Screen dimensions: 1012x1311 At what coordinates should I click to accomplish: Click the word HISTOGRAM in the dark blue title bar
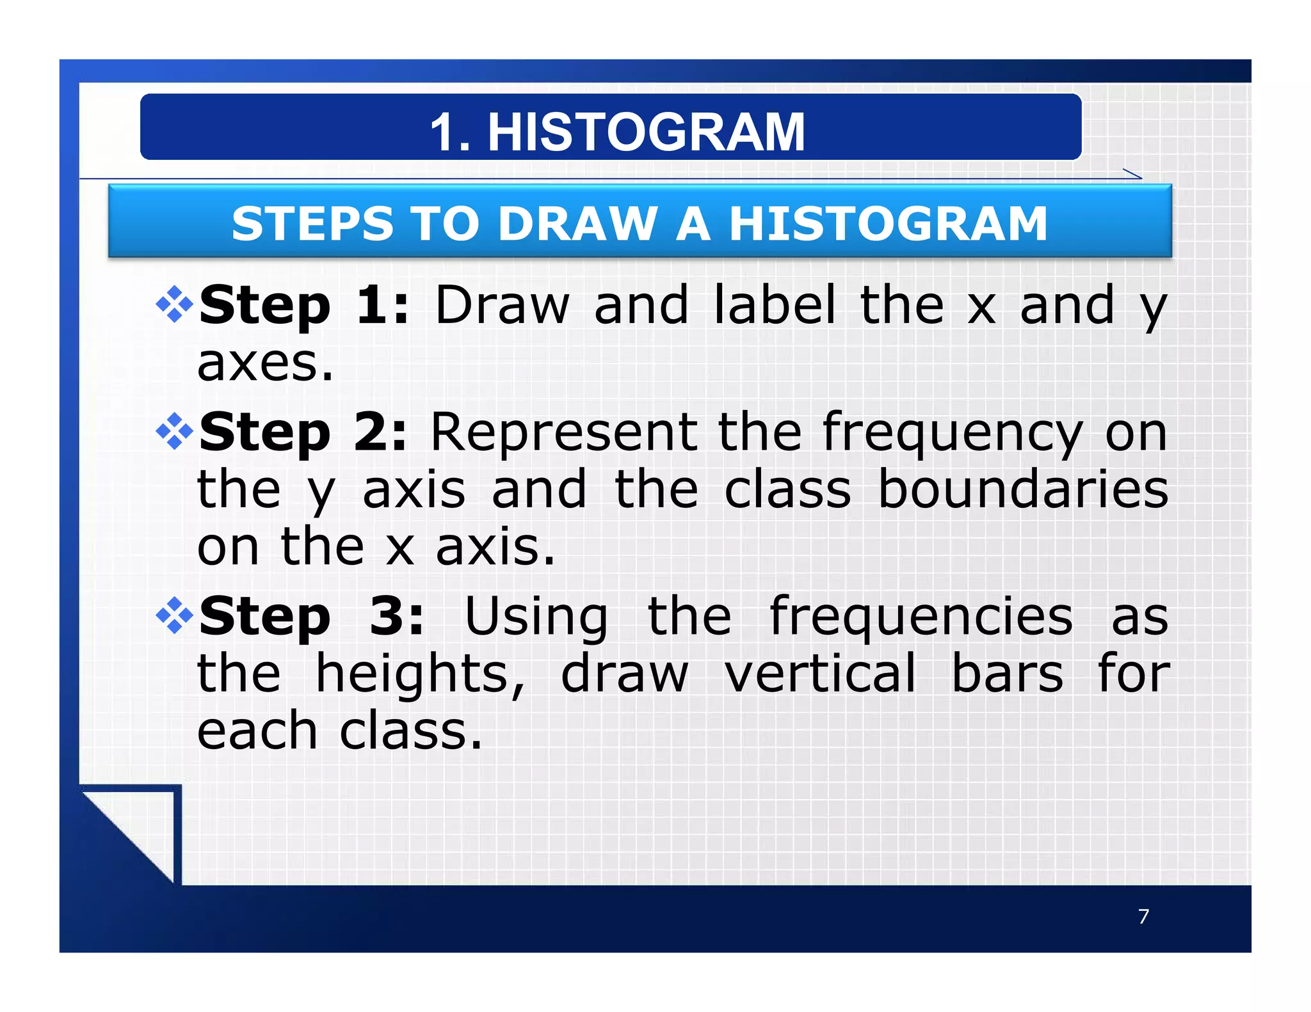(x=646, y=132)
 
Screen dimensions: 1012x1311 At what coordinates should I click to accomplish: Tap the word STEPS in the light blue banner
(x=312, y=224)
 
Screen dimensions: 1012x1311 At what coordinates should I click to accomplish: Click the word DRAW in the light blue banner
(x=578, y=224)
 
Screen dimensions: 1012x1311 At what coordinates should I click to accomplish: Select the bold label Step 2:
(x=303, y=432)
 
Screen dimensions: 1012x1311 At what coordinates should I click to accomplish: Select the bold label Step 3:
(x=312, y=617)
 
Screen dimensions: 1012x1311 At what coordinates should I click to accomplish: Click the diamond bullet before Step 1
(x=174, y=304)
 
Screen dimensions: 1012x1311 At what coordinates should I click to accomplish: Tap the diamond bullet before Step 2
(x=174, y=432)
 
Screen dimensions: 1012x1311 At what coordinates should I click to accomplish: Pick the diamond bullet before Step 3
(x=174, y=615)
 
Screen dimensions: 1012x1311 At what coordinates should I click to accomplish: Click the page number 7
(x=1143, y=917)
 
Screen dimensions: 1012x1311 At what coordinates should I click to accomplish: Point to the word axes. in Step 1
(x=265, y=363)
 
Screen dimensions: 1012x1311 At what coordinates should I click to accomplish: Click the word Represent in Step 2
(x=564, y=432)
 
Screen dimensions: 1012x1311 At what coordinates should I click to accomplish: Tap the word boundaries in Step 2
(x=1022, y=489)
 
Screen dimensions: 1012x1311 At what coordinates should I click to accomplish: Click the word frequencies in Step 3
(x=921, y=617)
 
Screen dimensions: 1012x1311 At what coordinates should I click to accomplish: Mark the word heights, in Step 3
(x=420, y=675)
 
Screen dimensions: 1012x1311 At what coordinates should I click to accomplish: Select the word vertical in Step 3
(x=820, y=674)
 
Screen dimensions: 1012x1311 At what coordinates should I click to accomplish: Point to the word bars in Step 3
(x=1007, y=674)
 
